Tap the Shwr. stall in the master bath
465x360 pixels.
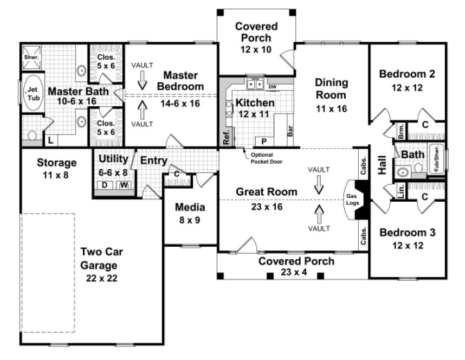point(30,56)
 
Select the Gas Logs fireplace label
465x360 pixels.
point(352,200)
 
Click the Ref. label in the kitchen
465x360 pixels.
point(226,136)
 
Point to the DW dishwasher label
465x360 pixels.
point(272,86)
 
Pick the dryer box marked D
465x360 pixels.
point(105,185)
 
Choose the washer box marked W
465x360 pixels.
point(124,185)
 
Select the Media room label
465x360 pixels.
point(190,207)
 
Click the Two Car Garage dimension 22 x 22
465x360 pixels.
point(102,278)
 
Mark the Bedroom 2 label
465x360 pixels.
point(406,74)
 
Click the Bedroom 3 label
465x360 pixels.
point(406,233)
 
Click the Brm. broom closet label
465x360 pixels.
point(401,132)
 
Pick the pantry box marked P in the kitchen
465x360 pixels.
point(264,141)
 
